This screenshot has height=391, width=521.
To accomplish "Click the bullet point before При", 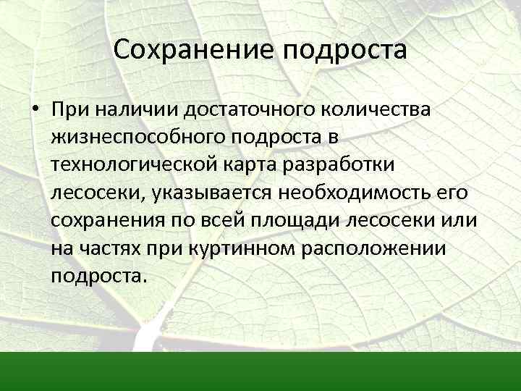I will pyautogui.click(x=35, y=110).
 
